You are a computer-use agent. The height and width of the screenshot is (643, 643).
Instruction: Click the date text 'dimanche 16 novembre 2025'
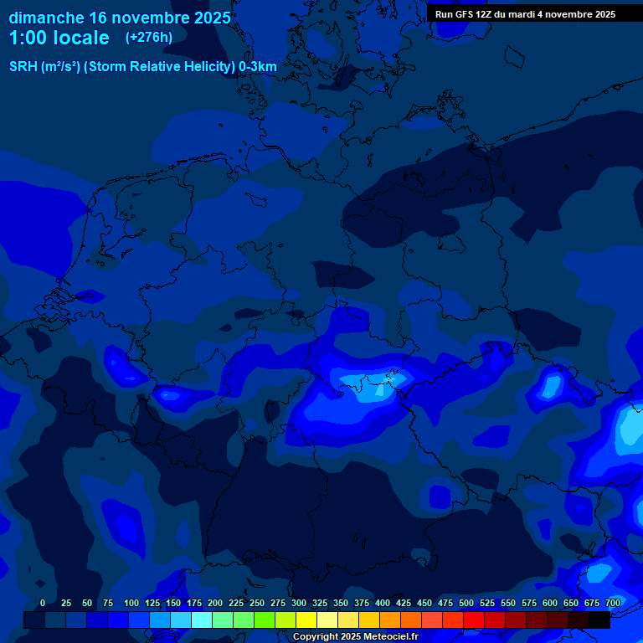120,18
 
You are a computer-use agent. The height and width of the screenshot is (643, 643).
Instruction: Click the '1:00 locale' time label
59,38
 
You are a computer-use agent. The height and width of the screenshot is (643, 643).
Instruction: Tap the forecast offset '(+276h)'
149,38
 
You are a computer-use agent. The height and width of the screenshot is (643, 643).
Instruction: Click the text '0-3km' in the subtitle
258,67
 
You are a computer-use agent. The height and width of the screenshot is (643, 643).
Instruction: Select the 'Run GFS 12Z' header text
464,14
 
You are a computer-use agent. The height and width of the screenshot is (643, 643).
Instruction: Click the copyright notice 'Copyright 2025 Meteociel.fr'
355,637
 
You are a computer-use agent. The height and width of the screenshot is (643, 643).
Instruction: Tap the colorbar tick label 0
43,603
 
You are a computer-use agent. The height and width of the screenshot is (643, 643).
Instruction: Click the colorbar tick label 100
131,603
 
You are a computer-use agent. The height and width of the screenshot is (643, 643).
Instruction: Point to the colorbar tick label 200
215,603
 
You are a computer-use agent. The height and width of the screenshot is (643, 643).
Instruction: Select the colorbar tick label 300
299,603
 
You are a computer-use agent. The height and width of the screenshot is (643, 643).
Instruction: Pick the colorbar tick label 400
383,603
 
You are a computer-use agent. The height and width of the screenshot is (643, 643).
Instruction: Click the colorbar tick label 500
466,603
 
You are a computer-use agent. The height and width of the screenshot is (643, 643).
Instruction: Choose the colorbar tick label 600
550,603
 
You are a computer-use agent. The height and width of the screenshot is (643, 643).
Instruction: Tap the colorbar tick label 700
613,603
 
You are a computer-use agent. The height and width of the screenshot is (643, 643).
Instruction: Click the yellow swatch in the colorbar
306,620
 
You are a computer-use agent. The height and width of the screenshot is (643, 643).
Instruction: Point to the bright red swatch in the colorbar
474,620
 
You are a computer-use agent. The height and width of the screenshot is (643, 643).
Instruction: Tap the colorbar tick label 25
66,603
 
